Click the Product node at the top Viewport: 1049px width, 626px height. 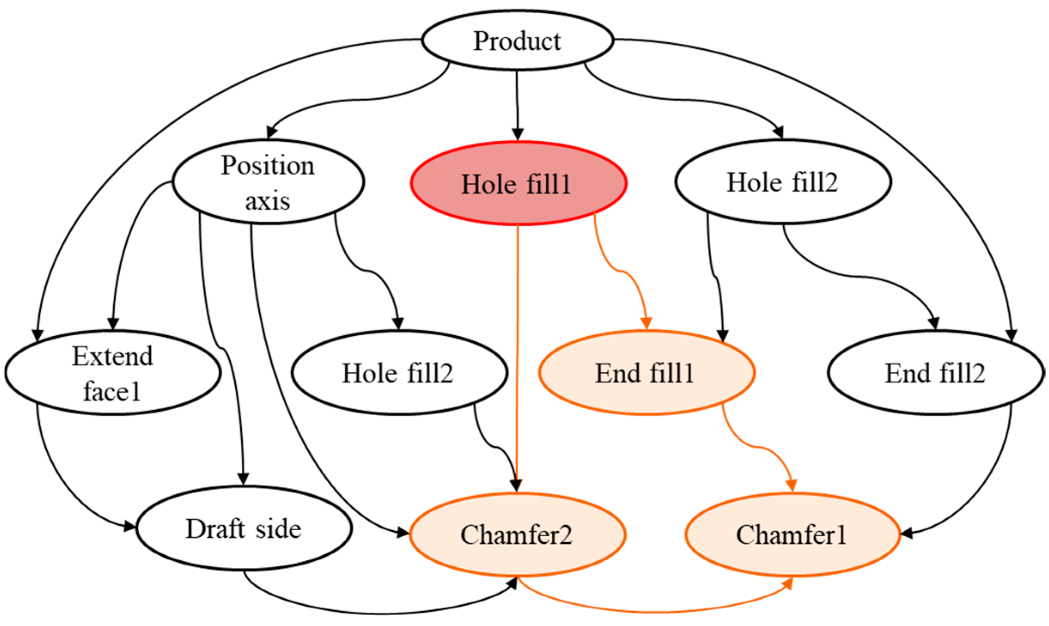[517, 40]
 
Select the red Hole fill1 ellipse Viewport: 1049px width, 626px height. [518, 183]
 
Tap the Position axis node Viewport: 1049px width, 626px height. [268, 182]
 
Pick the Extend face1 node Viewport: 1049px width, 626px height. [113, 373]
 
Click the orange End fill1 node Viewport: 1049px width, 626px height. [647, 373]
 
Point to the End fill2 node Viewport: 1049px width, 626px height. [936, 373]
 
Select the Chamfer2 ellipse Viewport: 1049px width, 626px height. [517, 535]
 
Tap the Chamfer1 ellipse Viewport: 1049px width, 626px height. [792, 535]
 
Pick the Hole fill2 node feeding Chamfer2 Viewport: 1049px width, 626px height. [399, 373]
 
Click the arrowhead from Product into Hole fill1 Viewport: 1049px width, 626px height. [518, 134]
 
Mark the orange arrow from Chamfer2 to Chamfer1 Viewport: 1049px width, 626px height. [653, 611]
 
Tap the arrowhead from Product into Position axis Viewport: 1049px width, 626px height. [272, 131]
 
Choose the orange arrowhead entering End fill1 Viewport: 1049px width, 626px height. [646, 323]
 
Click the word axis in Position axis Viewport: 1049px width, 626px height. [268, 201]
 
